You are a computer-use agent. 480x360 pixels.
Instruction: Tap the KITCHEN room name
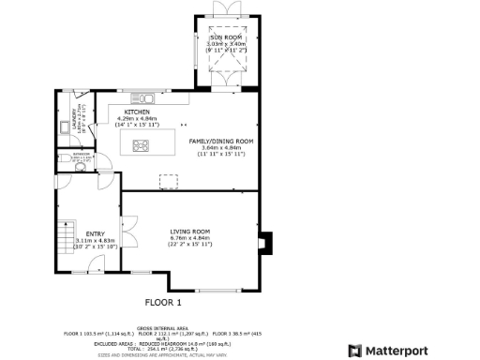click(x=138, y=112)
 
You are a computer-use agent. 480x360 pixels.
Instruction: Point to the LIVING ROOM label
click(x=189, y=232)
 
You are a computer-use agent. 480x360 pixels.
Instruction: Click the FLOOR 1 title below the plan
click(x=162, y=302)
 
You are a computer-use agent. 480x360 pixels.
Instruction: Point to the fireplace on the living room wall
click(x=267, y=243)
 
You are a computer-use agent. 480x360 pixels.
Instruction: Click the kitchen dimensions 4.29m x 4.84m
click(x=138, y=118)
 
